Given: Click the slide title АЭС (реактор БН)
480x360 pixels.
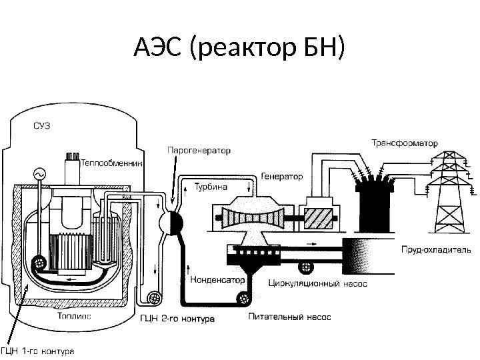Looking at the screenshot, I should [240, 48].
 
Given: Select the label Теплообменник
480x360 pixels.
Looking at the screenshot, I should [112, 162].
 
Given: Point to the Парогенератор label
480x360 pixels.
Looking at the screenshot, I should [197, 151].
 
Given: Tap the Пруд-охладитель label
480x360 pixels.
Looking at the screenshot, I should [435, 250].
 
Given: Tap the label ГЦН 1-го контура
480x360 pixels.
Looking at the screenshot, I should [37, 349].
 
